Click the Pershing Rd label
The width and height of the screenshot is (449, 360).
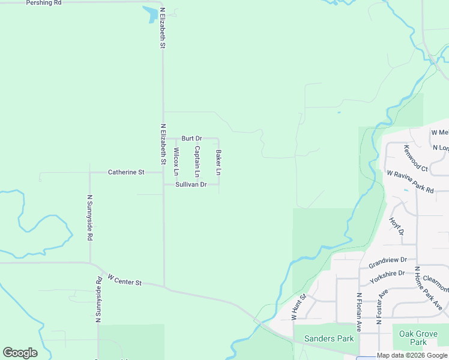point(44,3)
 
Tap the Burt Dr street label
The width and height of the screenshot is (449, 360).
point(191,139)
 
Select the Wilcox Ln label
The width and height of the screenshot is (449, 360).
point(176,161)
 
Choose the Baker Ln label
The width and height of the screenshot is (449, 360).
point(218,163)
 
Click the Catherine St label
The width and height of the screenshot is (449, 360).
point(126,172)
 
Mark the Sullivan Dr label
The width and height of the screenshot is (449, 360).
point(191,185)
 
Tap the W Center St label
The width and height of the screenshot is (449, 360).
point(124,280)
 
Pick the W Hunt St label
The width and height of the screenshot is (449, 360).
point(299,306)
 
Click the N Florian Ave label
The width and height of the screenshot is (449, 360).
point(359,312)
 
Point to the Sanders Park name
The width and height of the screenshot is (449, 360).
point(329,338)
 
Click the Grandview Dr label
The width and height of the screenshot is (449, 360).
point(388,262)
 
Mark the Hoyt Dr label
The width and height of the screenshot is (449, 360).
point(396,226)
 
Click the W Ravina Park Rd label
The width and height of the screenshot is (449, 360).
point(410,181)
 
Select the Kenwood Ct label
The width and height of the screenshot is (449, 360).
point(415,157)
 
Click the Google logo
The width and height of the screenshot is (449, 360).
point(20,352)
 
